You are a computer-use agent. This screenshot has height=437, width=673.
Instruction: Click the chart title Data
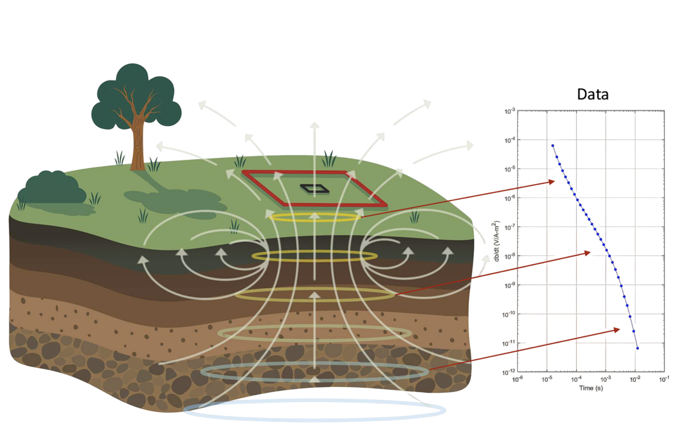[x=592, y=95]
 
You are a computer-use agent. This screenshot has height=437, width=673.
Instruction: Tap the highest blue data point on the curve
[x=553, y=145]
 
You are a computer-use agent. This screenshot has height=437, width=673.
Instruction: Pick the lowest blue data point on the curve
[x=637, y=348]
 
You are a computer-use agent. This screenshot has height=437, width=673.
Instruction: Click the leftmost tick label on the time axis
[x=518, y=379]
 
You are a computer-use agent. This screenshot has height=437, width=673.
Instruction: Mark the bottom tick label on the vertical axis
[x=509, y=372]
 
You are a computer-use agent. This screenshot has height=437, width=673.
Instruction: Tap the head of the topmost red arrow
[x=554, y=182]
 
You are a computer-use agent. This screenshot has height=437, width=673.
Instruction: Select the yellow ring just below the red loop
[x=315, y=218]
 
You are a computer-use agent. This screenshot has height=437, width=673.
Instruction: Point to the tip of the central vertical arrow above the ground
[x=315, y=123]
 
